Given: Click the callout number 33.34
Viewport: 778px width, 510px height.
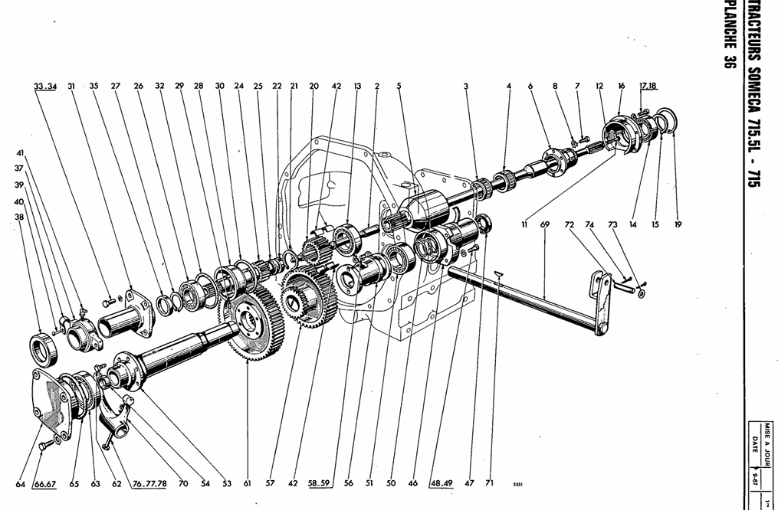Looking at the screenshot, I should click(x=45, y=86).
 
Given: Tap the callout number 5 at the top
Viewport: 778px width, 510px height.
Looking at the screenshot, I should click(x=399, y=86).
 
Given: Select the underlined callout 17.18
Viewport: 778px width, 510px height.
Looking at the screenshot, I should click(x=648, y=86).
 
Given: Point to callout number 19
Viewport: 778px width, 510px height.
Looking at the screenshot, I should click(x=678, y=225).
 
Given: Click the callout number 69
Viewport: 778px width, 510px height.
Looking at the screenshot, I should click(x=545, y=225).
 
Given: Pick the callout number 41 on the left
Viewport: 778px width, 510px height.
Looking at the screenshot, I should click(x=21, y=152).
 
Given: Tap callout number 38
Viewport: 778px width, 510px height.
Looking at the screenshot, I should click(x=19, y=217).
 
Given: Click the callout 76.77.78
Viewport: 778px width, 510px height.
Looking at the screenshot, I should click(x=149, y=484).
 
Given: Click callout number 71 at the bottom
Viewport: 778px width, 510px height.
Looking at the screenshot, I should click(x=490, y=484).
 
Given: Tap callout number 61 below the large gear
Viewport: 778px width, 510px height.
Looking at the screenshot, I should click(x=248, y=484).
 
